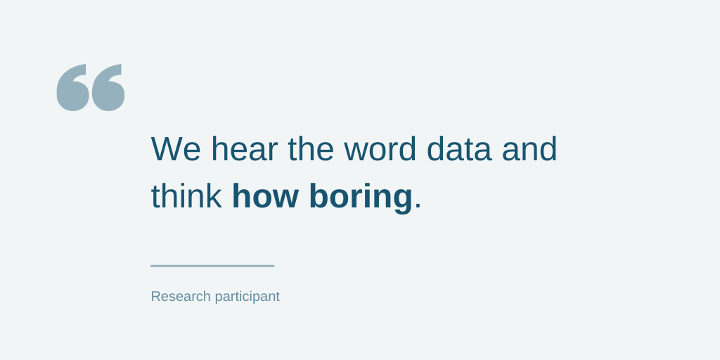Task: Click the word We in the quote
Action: pyautogui.click(x=176, y=149)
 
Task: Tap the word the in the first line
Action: pyautogui.click(x=311, y=148)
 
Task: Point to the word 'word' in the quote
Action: pyautogui.click(x=380, y=148)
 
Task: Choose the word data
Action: pyautogui.click(x=459, y=148)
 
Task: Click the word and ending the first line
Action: pyautogui.click(x=529, y=148)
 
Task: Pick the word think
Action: pyautogui.click(x=186, y=195)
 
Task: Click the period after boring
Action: pyautogui.click(x=418, y=206)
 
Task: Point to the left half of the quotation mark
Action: pyautogui.click(x=72, y=88)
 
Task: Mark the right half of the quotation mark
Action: pyautogui.click(x=108, y=88)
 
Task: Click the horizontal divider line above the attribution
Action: pyautogui.click(x=212, y=266)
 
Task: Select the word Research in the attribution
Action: pyautogui.click(x=181, y=296)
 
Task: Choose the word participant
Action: pyautogui.click(x=247, y=297)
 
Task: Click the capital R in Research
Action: pyautogui.click(x=156, y=296)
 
